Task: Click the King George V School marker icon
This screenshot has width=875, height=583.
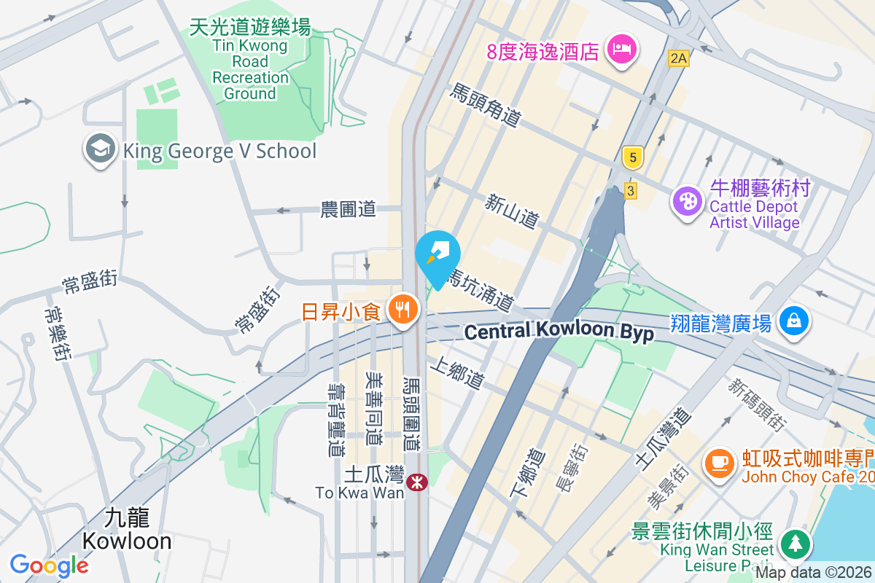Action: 100,149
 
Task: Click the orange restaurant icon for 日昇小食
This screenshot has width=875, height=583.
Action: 402,310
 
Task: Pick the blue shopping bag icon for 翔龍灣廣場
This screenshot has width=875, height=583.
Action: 794,321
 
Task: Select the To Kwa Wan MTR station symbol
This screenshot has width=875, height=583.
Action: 417,482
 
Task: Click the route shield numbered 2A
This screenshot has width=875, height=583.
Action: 678,58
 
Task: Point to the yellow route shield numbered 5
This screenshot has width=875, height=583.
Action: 632,157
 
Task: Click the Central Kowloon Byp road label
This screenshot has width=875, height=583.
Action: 559,332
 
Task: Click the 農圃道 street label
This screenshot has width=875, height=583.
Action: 349,210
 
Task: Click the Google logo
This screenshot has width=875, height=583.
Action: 49,565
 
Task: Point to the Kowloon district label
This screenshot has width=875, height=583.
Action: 127,530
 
